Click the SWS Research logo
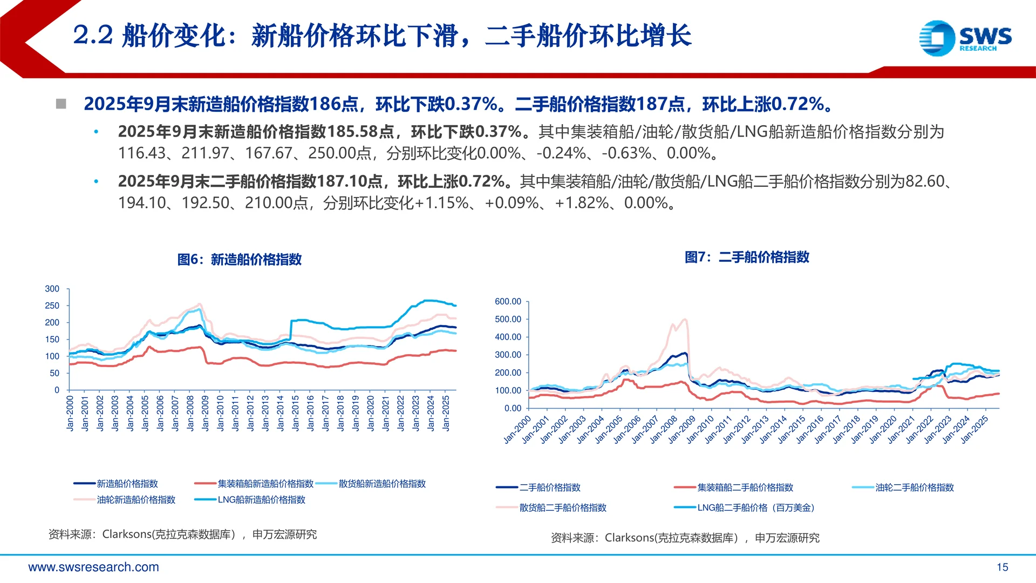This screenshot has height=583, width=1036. pos(965,38)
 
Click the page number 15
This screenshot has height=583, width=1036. pos(1002,567)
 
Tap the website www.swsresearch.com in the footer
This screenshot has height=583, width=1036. pos(93,567)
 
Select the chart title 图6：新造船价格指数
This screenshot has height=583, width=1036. pos(239,260)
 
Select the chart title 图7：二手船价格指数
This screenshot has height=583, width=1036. pos(747,257)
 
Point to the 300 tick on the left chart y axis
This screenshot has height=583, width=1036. pos(52,289)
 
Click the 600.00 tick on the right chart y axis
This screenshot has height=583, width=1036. pos(508,302)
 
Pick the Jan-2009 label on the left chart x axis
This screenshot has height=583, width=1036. pos(205,413)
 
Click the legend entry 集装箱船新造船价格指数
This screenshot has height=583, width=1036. pos(265,484)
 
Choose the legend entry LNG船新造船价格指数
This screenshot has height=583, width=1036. pos(261,500)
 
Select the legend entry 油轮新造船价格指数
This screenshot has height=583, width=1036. pos(136,500)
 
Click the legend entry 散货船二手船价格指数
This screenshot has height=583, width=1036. pos(563,508)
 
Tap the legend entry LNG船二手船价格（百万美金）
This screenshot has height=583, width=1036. pos(755,508)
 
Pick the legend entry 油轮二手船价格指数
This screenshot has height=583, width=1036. pos(915,487)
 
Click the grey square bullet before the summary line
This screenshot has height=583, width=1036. pos(61,104)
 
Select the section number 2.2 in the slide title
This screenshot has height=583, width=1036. pos(93,36)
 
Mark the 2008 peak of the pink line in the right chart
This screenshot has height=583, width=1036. pos(684,320)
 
